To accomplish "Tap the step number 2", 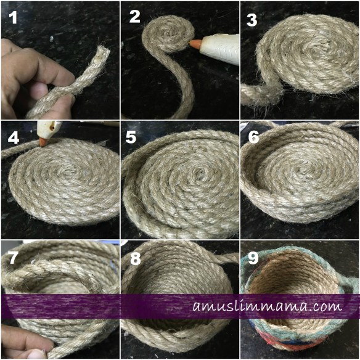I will (134, 17).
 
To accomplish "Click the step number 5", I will (131, 137).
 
